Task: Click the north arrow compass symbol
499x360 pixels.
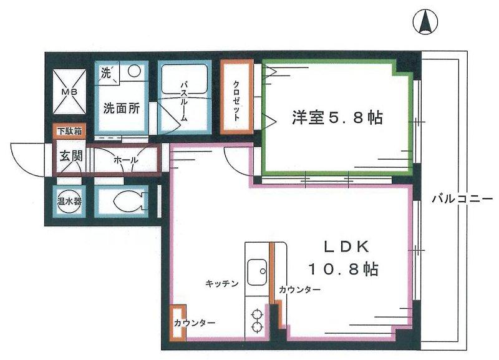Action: [x=425, y=22]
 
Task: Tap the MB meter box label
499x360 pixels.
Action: [x=69, y=92]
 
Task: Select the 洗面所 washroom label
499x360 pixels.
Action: [x=122, y=109]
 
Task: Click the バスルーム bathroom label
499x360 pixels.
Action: [x=184, y=101]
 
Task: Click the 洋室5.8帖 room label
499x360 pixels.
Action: [x=337, y=117]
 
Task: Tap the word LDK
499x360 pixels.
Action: [x=346, y=246]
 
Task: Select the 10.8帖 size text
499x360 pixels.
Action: [x=344, y=270]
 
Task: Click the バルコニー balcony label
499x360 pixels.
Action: [x=462, y=199]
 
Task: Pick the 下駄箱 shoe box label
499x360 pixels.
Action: [x=69, y=131]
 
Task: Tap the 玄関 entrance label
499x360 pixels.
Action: [x=71, y=156]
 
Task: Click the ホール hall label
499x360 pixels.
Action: [x=126, y=160]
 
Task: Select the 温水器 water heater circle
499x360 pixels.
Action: [x=69, y=201]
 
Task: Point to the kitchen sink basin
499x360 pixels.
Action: [x=257, y=272]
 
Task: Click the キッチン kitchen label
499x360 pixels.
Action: [x=222, y=283]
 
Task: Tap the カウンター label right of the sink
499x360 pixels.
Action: [x=299, y=289]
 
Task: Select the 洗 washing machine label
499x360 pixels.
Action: [x=106, y=73]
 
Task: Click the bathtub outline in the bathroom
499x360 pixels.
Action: [x=185, y=80]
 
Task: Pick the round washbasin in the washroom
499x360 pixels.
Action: [x=134, y=70]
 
